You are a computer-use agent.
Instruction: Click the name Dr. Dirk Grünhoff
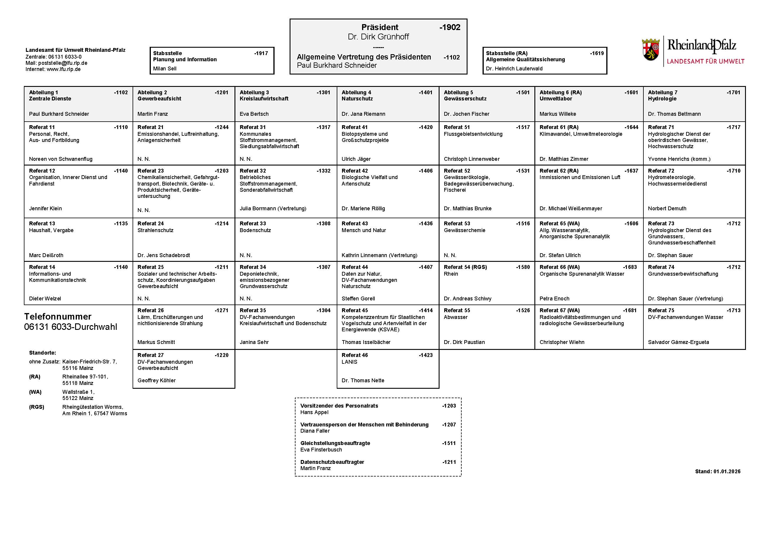pyautogui.click(x=378, y=37)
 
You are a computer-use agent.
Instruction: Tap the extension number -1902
pyautogui.click(x=450, y=27)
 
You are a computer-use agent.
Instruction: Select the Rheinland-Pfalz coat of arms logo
pyautogui.click(x=651, y=50)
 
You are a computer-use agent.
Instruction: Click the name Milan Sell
pyautogui.click(x=165, y=69)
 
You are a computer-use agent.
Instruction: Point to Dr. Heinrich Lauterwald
pyautogui.click(x=514, y=69)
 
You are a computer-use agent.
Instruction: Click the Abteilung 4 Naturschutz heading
pyautogui.click(x=357, y=95)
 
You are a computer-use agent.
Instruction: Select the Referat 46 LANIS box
pyautogui.click(x=388, y=368)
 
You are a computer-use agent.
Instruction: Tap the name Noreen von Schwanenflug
pyautogui.click(x=61, y=159)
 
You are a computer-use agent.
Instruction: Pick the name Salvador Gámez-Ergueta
pyautogui.click(x=678, y=342)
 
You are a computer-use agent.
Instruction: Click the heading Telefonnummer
pyautogui.click(x=58, y=317)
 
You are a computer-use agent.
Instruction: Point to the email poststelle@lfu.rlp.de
pyautogui.click(x=63, y=63)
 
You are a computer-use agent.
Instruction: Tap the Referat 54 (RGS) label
pyautogui.click(x=465, y=267)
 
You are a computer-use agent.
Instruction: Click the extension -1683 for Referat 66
pyautogui.click(x=630, y=267)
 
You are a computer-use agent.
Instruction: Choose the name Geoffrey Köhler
pyautogui.click(x=156, y=381)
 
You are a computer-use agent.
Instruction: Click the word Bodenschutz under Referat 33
pyautogui.click(x=255, y=230)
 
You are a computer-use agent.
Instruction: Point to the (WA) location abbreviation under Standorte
pyautogui.click(x=35, y=392)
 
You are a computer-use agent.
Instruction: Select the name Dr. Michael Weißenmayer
pyautogui.click(x=570, y=209)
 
